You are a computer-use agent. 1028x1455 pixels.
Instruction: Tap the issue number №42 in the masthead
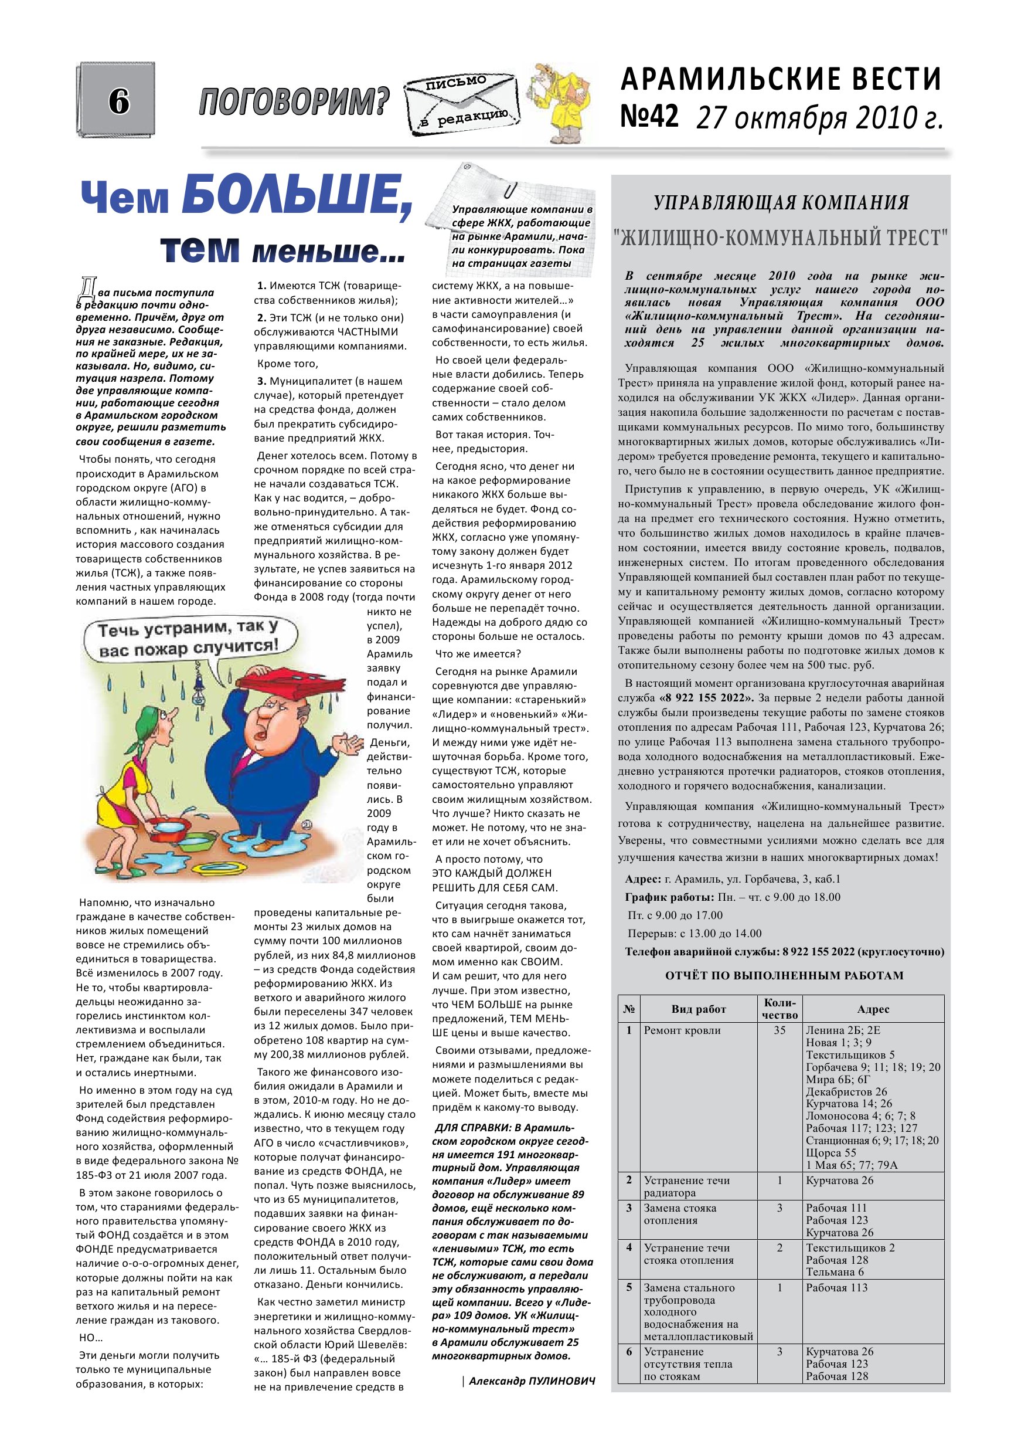click(649, 117)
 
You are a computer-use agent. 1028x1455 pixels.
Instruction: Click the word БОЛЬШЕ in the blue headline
click(297, 197)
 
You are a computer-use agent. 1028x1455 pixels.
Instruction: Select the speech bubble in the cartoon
click(189, 639)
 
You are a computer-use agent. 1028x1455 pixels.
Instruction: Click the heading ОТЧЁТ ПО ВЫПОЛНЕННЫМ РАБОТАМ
click(784, 975)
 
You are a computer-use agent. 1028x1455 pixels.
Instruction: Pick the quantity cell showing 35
click(779, 1030)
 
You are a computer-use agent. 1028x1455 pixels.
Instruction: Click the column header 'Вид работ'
click(698, 1009)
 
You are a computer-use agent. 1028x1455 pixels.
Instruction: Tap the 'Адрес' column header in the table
click(873, 1009)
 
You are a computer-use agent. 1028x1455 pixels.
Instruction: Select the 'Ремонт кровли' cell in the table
click(682, 1030)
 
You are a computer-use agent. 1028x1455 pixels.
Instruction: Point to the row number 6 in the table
click(629, 1352)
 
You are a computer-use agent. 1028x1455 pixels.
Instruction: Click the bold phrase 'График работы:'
click(669, 897)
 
